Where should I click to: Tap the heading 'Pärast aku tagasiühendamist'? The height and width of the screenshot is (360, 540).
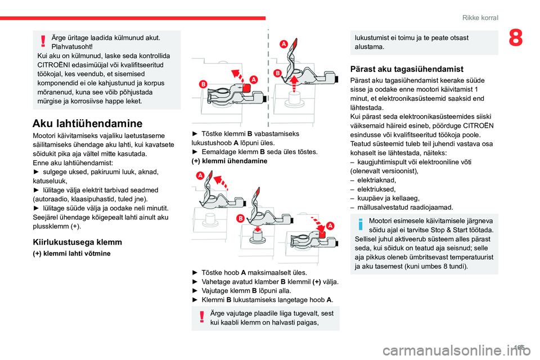pos(407,69)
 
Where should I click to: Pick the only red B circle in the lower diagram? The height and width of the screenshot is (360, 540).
pos(240,218)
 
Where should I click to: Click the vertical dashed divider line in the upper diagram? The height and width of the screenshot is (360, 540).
pos(268,79)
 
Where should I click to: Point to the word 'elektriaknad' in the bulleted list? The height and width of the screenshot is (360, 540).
pos(376,180)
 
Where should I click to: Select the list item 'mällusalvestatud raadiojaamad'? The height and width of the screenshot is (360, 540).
pos(405,207)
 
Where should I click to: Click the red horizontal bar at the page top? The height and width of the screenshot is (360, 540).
pos(133,18)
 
